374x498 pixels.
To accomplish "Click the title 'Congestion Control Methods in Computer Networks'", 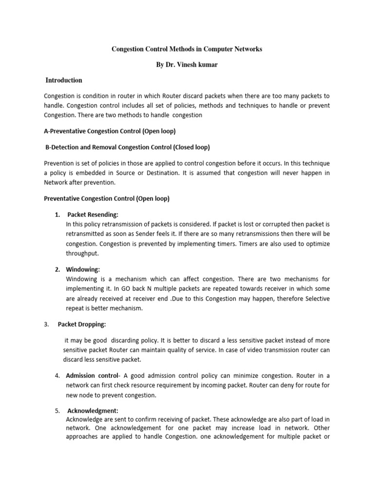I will (187, 50).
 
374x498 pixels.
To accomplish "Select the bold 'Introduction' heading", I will (64, 80).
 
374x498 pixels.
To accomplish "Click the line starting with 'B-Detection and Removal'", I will (127, 147).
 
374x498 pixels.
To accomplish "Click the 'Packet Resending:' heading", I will (93, 214).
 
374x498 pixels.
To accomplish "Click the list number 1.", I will (57, 214).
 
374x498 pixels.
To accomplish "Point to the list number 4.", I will (57, 375).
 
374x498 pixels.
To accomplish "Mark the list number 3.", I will (46, 324).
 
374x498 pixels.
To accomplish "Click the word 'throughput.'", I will (82, 253).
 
